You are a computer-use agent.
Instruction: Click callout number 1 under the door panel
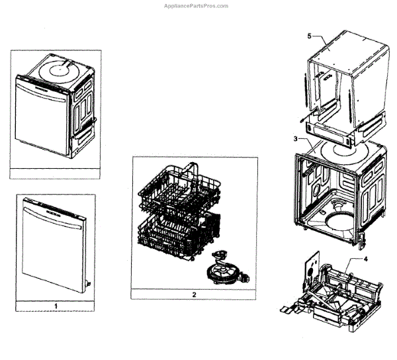click(x=56, y=306)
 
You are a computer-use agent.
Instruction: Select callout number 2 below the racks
click(x=193, y=293)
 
